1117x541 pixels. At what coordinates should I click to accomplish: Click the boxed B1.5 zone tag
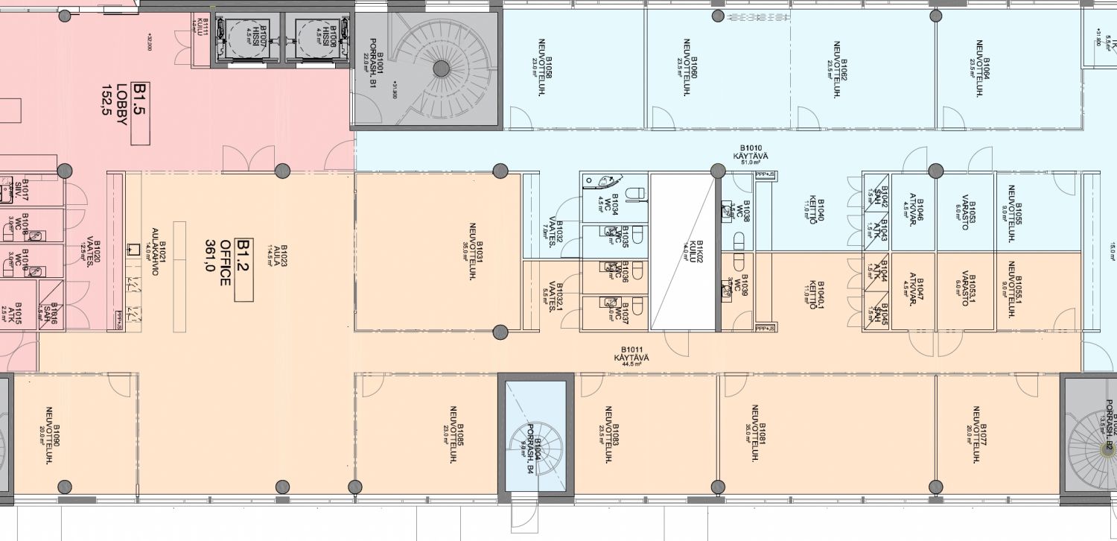click(x=140, y=113)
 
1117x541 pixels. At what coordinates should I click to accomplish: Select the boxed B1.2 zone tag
click(x=244, y=270)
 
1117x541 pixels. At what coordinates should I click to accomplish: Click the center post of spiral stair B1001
click(x=442, y=69)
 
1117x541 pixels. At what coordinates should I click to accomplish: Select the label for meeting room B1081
click(x=758, y=434)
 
